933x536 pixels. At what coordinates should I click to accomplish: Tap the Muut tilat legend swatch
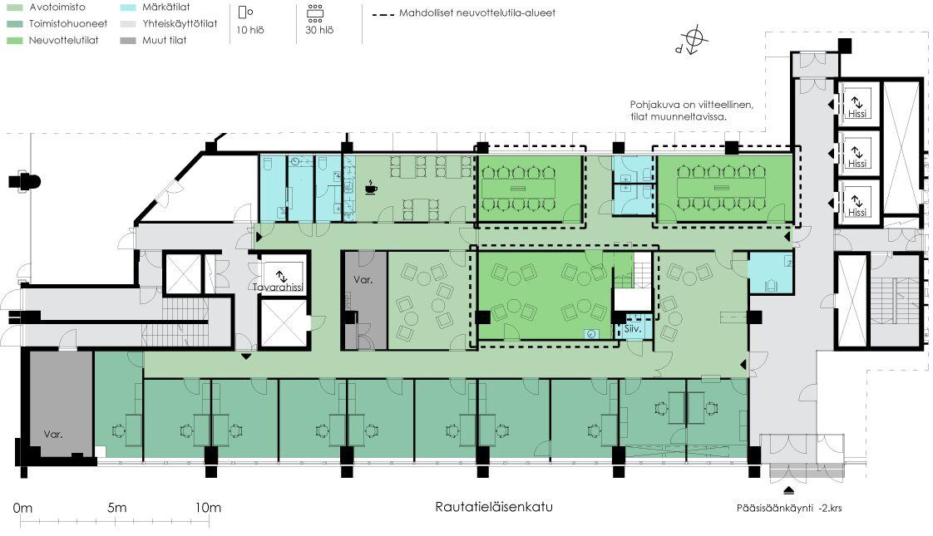tap(126, 40)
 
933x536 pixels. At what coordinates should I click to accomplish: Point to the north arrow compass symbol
tap(696, 39)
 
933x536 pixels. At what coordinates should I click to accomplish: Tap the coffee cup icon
tap(371, 188)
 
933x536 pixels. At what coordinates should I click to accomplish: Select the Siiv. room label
tap(632, 329)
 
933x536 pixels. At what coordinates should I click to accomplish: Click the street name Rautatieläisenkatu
tap(493, 507)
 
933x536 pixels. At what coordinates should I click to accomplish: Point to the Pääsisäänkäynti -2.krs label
tap(789, 508)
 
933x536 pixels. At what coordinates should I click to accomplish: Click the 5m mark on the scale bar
tap(116, 508)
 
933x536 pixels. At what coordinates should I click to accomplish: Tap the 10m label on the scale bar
tap(208, 508)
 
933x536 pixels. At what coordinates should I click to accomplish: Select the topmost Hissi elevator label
tap(858, 115)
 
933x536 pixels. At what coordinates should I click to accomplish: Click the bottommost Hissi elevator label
tap(858, 213)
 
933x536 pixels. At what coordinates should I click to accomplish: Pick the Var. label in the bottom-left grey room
tap(53, 434)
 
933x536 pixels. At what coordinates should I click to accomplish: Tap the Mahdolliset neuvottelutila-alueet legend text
tap(477, 13)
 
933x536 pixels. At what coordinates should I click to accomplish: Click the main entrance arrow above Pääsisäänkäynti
tap(788, 489)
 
